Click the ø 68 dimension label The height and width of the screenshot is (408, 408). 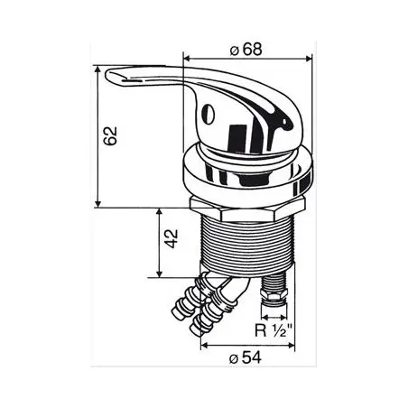click(x=246, y=50)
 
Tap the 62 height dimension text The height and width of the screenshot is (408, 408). click(x=110, y=136)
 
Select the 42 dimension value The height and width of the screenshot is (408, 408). click(x=172, y=238)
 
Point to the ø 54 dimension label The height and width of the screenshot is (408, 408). click(x=246, y=358)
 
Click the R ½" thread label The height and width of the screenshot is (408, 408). click(x=274, y=330)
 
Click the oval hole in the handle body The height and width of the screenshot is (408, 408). click(x=208, y=114)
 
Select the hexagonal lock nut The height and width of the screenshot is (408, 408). click(x=246, y=209)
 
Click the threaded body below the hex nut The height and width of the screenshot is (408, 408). click(x=247, y=243)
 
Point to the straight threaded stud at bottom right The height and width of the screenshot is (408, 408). click(x=274, y=291)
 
